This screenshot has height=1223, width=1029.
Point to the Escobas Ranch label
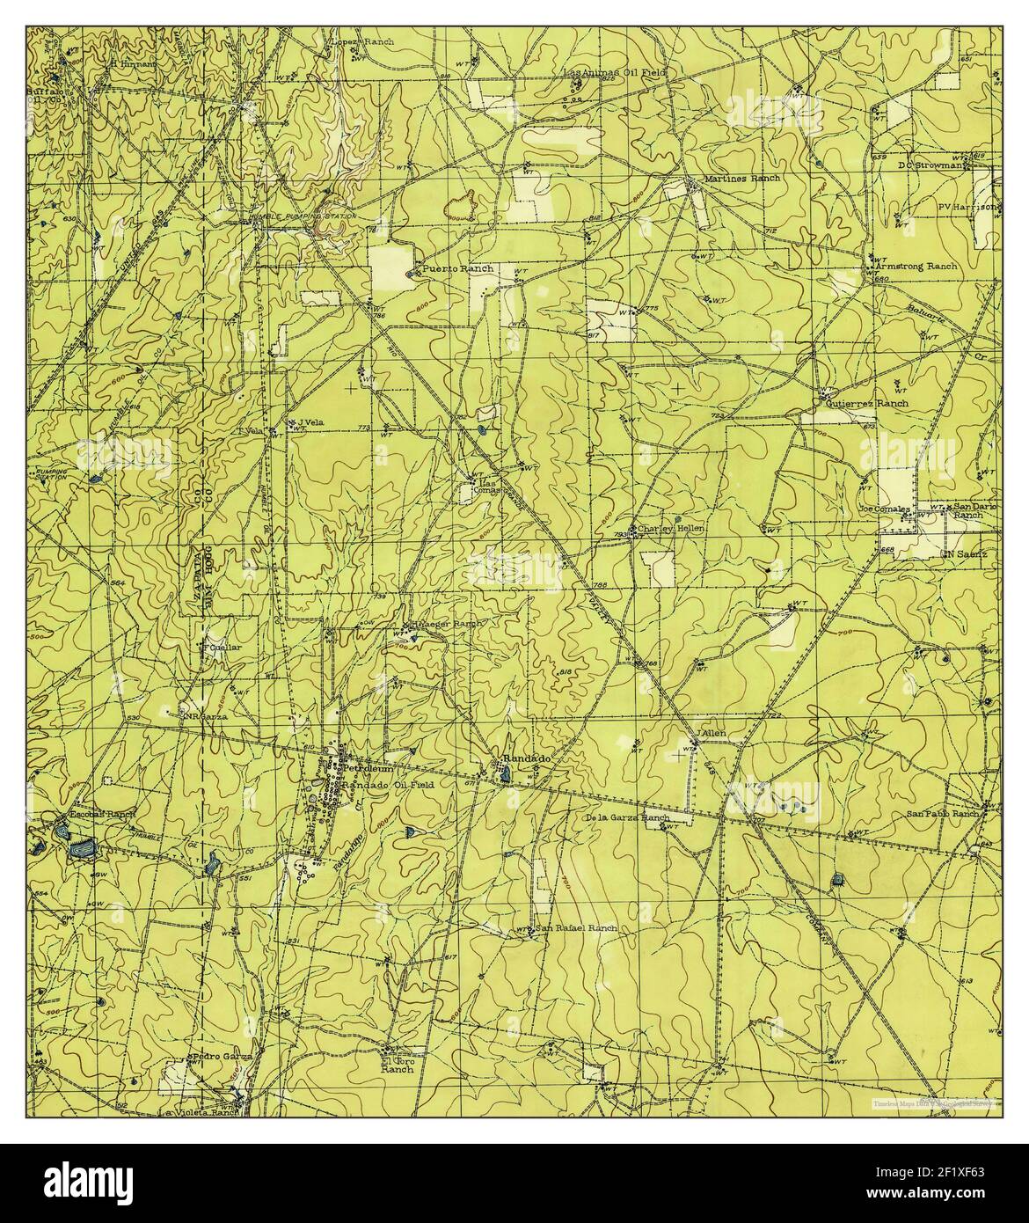click(x=91, y=814)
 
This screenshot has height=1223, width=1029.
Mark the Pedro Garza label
click(x=221, y=1055)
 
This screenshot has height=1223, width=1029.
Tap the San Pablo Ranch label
click(x=942, y=814)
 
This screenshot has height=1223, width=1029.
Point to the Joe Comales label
click(x=884, y=509)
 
